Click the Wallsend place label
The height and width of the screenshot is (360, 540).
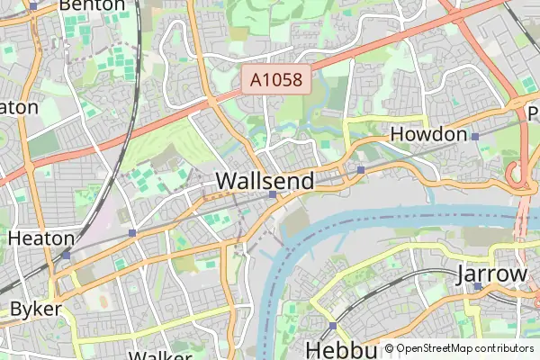(x=265, y=181)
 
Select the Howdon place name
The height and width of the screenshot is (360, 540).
(x=428, y=135)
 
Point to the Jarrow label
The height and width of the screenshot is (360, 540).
(x=491, y=274)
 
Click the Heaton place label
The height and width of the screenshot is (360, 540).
(x=40, y=238)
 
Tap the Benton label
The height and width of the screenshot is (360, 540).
(x=92, y=5)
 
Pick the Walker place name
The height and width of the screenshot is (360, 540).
(x=160, y=355)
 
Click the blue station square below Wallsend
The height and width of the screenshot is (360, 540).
(x=272, y=193)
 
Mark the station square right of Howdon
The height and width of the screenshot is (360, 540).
(x=475, y=136)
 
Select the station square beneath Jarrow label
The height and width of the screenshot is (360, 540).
(x=478, y=287)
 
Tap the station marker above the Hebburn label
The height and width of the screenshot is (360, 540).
(x=333, y=326)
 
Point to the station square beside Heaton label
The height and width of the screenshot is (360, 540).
(x=66, y=255)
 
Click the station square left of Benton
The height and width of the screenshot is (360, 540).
(x=33, y=5)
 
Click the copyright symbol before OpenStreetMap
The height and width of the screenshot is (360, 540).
(x=389, y=348)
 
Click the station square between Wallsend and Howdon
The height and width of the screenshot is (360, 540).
(x=360, y=169)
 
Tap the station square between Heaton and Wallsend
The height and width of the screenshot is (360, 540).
(x=132, y=233)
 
